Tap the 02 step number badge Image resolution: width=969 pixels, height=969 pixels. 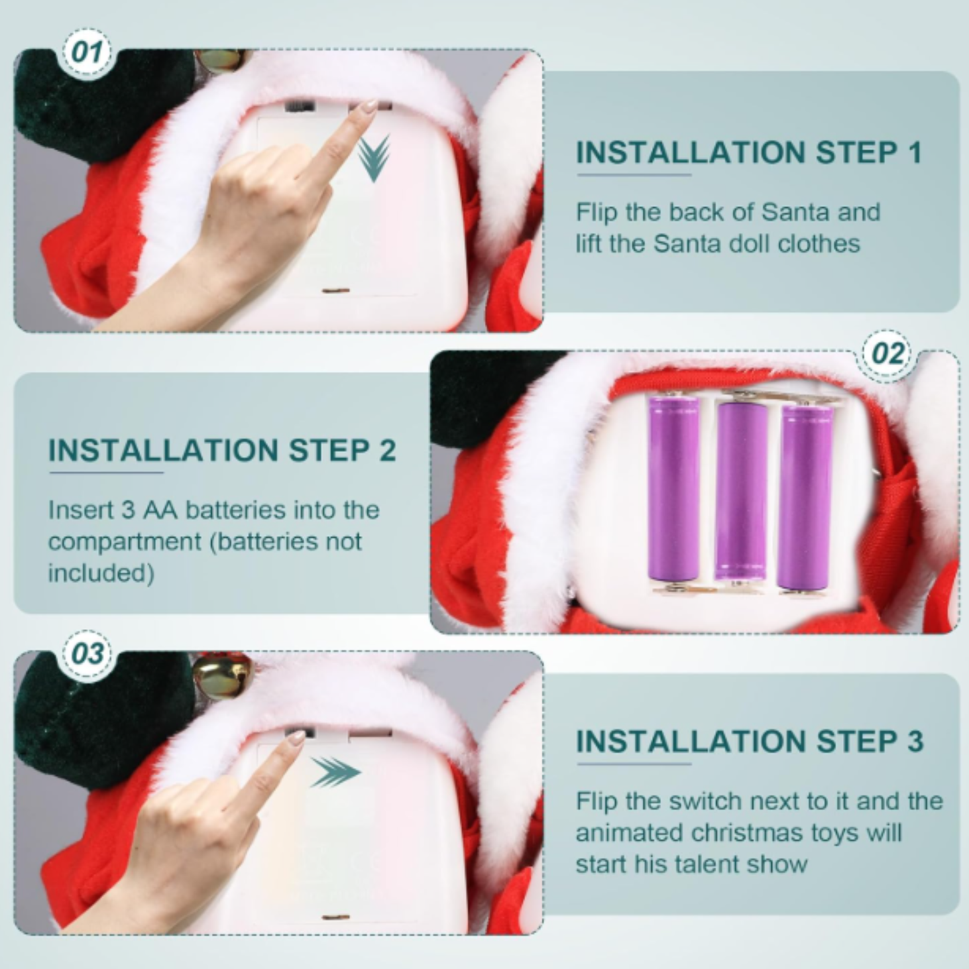(888, 354)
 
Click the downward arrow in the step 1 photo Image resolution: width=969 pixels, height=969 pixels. (374, 158)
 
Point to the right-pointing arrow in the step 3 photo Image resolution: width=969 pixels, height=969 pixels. (335, 773)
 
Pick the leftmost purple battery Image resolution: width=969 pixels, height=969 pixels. (673, 488)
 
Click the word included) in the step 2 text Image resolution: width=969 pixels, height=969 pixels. (101, 573)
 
